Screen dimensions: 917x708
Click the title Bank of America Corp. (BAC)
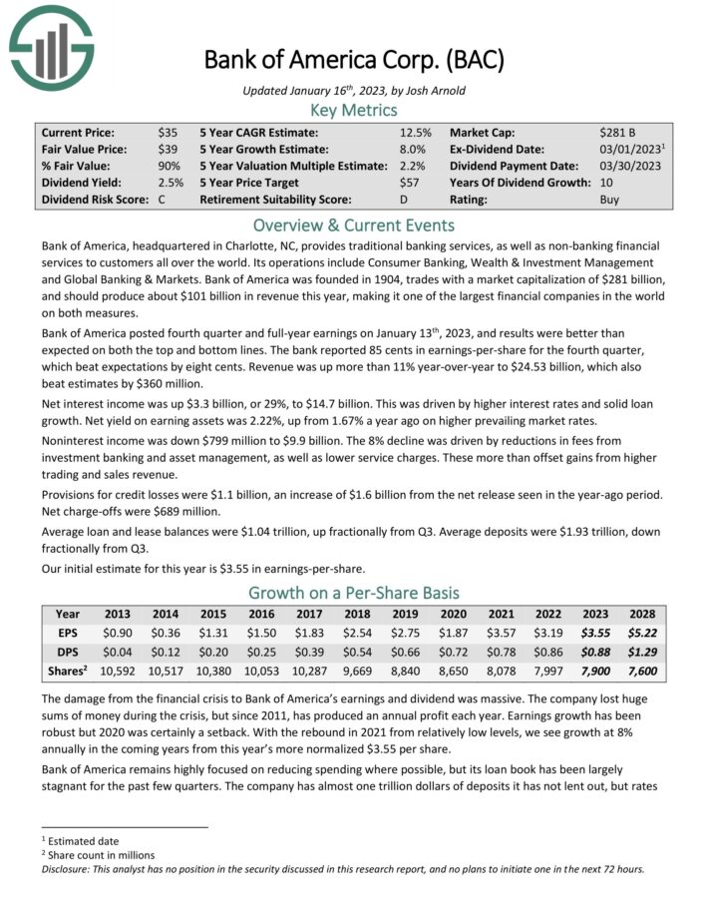pyautogui.click(x=354, y=59)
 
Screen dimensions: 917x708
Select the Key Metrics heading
pyautogui.click(x=354, y=110)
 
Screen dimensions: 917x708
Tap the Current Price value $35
pyautogui.click(x=167, y=132)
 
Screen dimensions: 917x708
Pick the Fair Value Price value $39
pyautogui.click(x=167, y=149)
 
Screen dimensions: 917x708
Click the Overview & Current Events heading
pyautogui.click(x=354, y=225)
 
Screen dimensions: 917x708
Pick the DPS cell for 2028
pyautogui.click(x=641, y=651)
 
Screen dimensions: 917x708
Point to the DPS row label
pyautogui.click(x=67, y=651)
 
